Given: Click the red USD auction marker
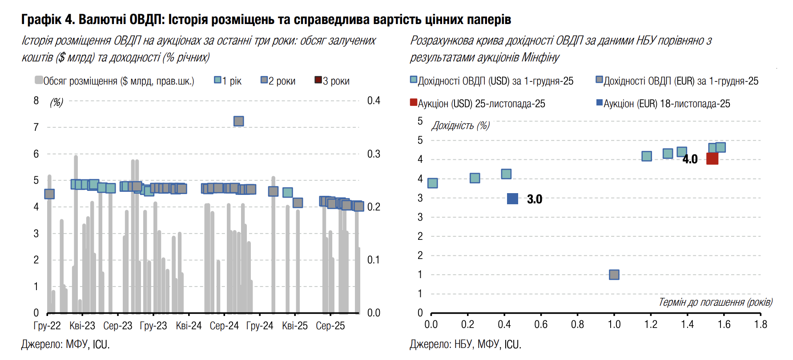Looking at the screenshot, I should (x=712, y=158).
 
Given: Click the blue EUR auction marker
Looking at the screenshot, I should (x=512, y=198).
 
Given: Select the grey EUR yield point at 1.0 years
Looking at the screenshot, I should (x=614, y=275).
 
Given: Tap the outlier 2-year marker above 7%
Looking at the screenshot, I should (x=238, y=121).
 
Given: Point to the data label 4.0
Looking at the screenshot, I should (x=690, y=159).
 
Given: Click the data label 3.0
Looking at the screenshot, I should (x=534, y=199).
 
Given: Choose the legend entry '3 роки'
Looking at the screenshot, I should (x=332, y=81).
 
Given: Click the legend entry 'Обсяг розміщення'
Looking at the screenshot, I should (x=114, y=81).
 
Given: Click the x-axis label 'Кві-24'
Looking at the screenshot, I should (x=189, y=326).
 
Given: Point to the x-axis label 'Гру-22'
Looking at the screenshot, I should (x=47, y=326).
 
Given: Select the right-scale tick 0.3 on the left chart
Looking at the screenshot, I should (x=374, y=154).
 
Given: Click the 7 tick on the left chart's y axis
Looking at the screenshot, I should (x=36, y=127).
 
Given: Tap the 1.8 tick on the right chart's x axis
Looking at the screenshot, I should (x=761, y=324).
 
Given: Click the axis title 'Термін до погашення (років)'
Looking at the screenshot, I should (x=715, y=303).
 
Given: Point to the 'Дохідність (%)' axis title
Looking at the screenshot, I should (x=460, y=125).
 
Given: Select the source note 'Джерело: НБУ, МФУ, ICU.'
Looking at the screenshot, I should (x=465, y=344).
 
